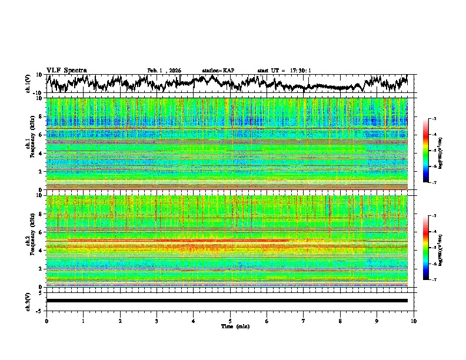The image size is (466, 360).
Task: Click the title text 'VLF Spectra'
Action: click(66, 70)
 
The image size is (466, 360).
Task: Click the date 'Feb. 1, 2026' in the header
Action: click(164, 71)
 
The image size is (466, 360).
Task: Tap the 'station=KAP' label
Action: click(218, 71)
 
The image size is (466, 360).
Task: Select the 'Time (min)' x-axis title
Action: click(234, 326)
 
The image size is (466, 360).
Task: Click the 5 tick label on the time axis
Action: click(230, 321)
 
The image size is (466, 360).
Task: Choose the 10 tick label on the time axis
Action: click(414, 321)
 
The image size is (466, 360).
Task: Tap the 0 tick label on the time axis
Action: click(46, 321)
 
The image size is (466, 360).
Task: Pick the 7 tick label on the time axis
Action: click(304, 321)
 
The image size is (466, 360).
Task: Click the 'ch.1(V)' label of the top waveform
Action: click(28, 84)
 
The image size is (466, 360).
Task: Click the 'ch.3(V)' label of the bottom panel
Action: click(28, 300)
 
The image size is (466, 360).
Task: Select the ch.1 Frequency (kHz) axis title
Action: click(31, 144)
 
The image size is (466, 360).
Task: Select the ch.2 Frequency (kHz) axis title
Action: click(31, 241)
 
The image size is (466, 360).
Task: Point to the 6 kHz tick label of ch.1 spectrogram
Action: click(40, 135)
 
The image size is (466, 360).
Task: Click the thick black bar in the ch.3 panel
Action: click(227, 301)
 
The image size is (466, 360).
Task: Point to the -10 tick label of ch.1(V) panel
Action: click(36, 93)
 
